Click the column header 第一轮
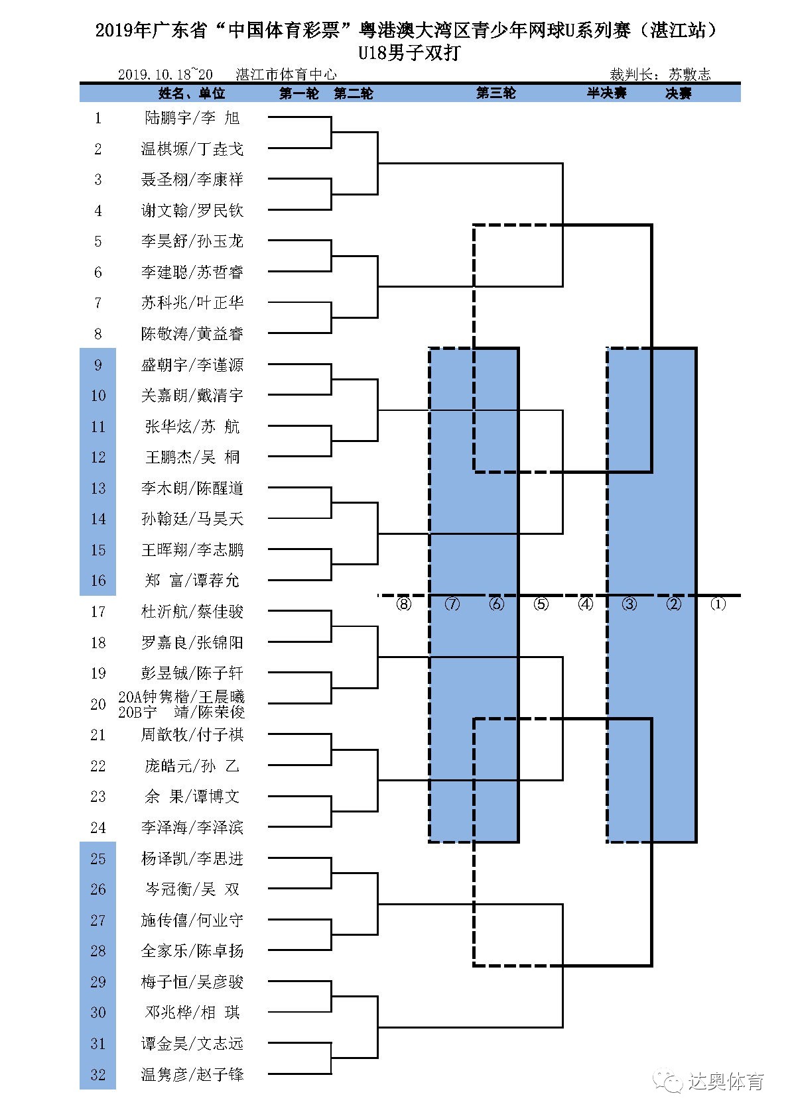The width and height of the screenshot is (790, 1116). click(299, 93)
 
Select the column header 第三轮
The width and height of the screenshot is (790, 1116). click(495, 93)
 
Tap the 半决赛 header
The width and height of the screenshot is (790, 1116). click(606, 93)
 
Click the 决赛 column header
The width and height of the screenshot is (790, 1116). click(679, 93)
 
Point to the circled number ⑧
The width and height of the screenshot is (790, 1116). click(403, 604)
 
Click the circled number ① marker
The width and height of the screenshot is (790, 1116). click(718, 604)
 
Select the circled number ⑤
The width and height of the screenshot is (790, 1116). click(541, 604)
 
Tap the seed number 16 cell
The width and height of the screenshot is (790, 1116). click(98, 581)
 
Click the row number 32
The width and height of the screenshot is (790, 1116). click(98, 1074)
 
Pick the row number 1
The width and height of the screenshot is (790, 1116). click(98, 118)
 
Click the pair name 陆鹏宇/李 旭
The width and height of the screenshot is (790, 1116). click(192, 118)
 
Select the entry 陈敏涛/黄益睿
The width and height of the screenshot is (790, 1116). click(192, 333)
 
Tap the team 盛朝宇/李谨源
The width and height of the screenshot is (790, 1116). click(192, 364)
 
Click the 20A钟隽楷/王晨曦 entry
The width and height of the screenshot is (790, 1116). click(181, 697)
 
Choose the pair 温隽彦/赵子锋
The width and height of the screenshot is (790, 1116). click(192, 1074)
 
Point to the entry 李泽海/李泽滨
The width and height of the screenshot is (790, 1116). click(192, 827)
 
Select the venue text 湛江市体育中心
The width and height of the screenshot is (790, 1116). click(286, 75)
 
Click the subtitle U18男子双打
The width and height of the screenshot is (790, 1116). click(409, 53)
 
